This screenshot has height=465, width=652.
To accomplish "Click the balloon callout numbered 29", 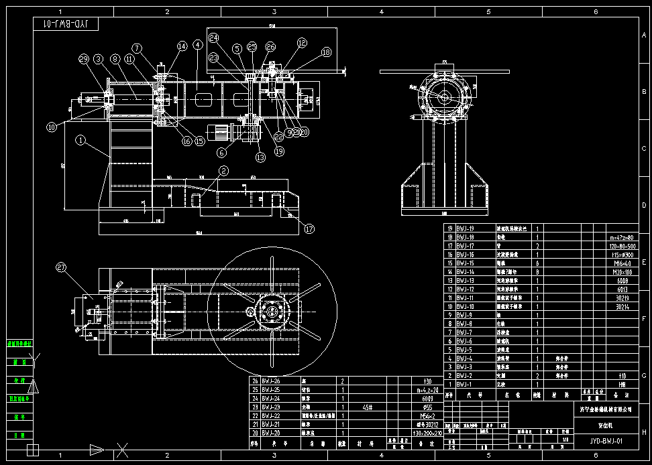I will (84, 60).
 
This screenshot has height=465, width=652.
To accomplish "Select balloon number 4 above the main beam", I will (197, 45).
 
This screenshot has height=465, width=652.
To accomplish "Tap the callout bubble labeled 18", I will (326, 52).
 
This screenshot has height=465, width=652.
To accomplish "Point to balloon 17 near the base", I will (309, 228).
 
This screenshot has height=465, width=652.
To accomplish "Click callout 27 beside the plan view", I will (62, 268).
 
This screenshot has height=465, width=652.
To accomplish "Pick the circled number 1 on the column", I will (80, 141).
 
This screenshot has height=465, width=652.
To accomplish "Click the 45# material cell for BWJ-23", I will (367, 407).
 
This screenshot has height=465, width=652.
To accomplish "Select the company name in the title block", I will (606, 407).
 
